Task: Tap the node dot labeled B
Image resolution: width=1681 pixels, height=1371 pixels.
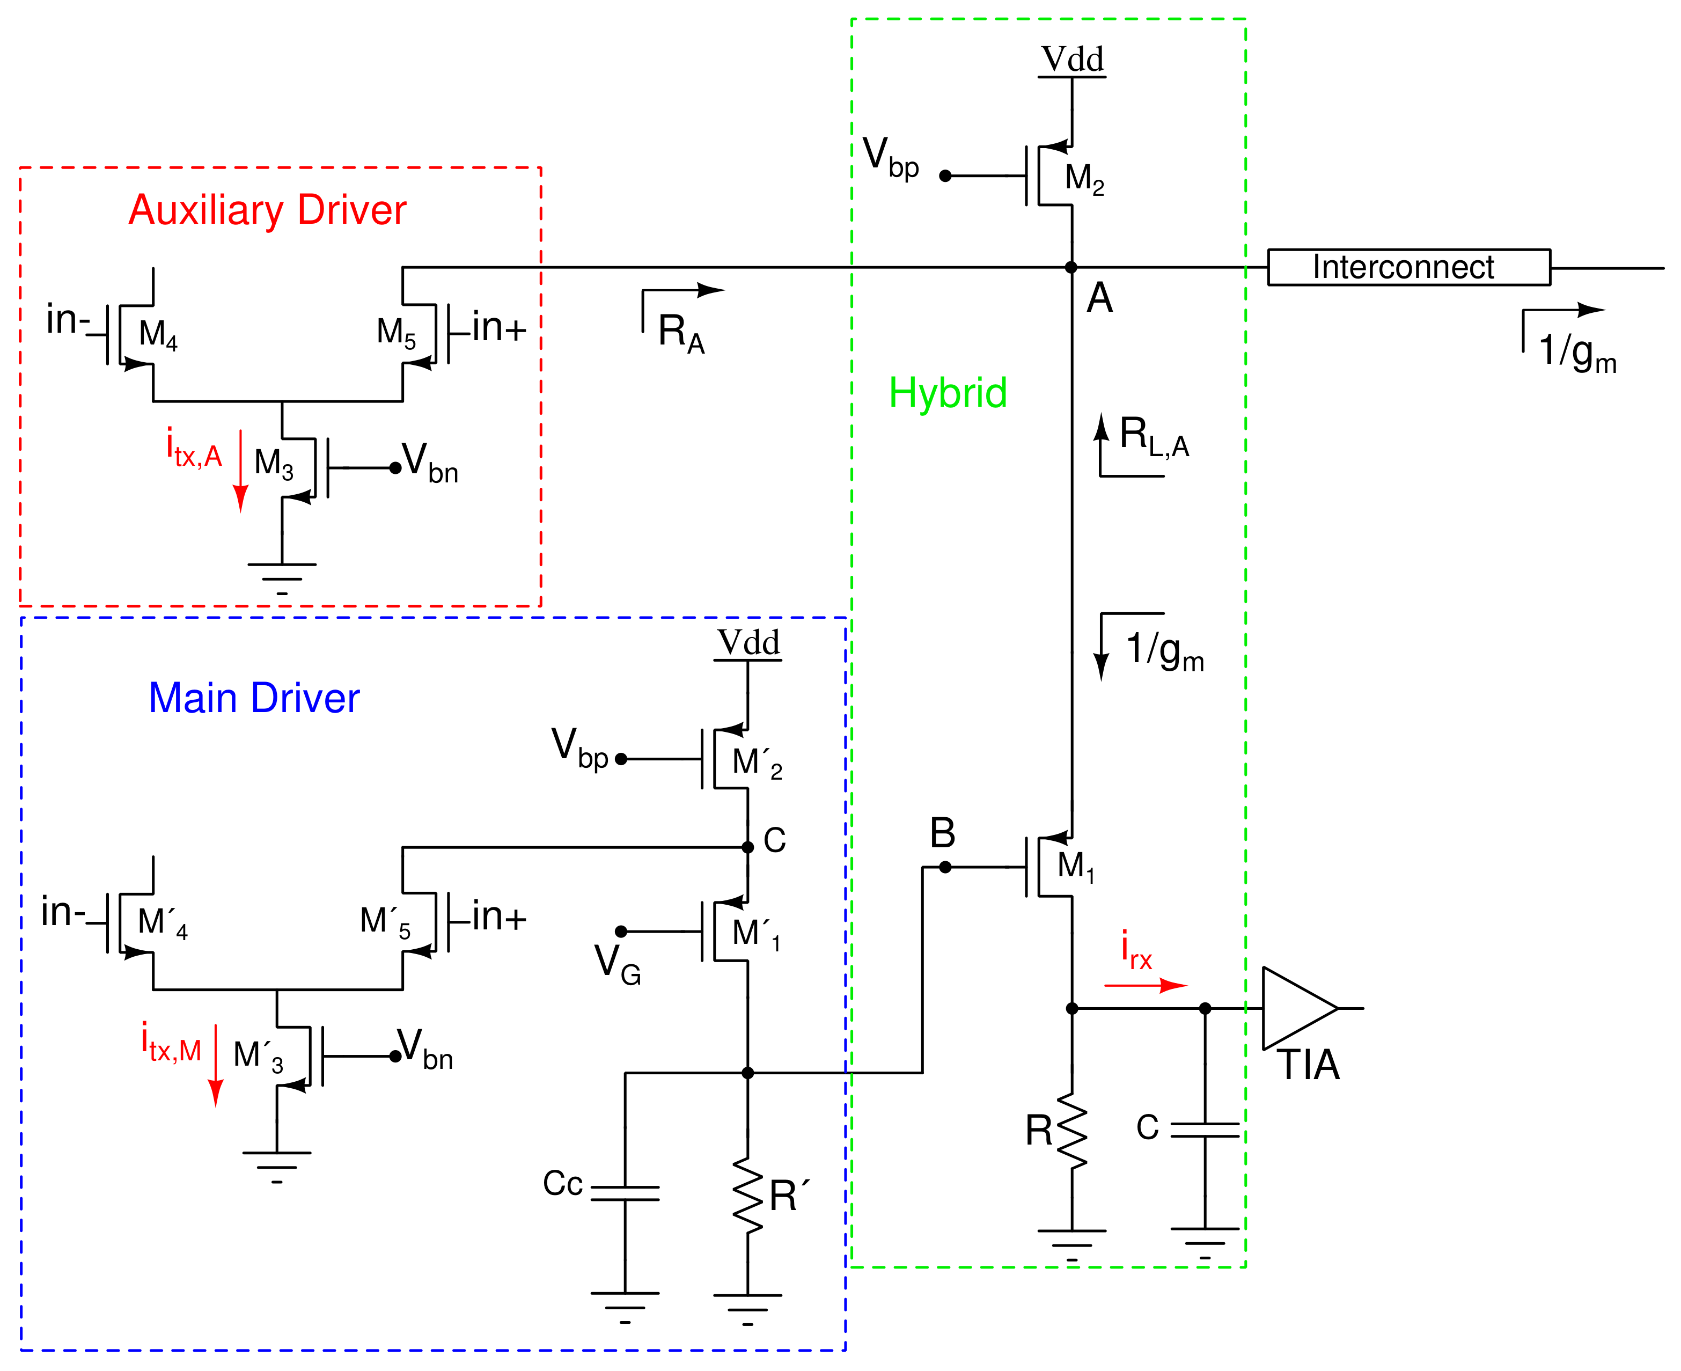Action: pos(944,867)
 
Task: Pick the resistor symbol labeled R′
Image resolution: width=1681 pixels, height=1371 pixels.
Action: pos(747,1195)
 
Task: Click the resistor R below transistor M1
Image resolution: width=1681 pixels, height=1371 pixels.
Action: pos(1071,1130)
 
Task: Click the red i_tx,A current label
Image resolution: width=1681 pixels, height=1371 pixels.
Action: pos(194,449)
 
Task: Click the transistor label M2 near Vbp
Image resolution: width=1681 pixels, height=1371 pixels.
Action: pos(1083,179)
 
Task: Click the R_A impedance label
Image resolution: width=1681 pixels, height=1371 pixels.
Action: pos(680,333)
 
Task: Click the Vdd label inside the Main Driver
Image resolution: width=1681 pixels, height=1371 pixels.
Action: pos(748,642)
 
